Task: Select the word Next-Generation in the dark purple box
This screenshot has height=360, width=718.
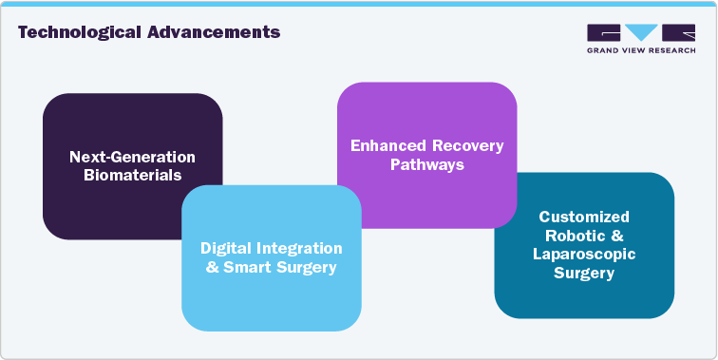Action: click(132, 157)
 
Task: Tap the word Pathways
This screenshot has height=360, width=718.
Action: click(426, 164)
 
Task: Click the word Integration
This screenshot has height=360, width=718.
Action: click(298, 248)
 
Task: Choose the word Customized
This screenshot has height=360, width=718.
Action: click(584, 217)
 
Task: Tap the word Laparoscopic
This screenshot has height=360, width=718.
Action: click(584, 255)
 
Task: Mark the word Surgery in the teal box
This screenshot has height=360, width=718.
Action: click(584, 274)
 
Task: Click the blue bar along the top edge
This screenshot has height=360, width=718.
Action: click(359, 3)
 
